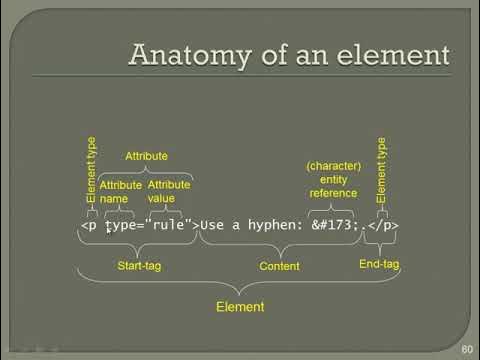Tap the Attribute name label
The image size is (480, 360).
click(x=121, y=192)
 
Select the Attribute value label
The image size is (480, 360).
click(x=168, y=192)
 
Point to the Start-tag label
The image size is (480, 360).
click(x=139, y=266)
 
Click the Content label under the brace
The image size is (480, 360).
click(x=279, y=266)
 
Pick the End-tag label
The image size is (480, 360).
click(x=379, y=264)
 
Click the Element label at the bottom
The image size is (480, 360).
click(x=240, y=308)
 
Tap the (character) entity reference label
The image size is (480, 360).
click(x=334, y=178)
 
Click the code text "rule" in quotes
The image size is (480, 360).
click(x=172, y=225)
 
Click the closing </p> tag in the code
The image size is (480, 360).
click(x=383, y=225)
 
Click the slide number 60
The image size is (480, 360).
click(x=467, y=350)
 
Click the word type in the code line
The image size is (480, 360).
click(x=120, y=225)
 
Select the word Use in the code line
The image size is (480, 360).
click(x=213, y=225)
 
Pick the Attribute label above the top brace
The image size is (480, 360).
click(x=145, y=157)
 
